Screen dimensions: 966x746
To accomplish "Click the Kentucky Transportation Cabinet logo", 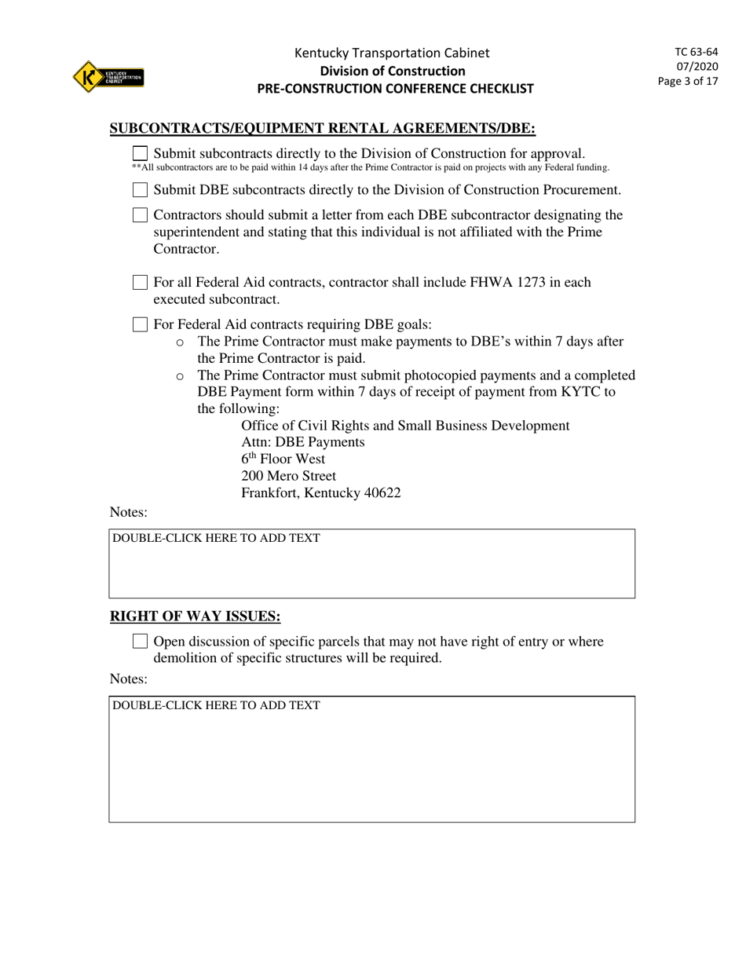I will (108, 77).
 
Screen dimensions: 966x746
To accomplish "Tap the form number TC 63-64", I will (696, 52).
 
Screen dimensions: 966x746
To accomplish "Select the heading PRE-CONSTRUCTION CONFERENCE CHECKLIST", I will (395, 89).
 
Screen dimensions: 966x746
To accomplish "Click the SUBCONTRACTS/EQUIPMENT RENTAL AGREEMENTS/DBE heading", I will (322, 128).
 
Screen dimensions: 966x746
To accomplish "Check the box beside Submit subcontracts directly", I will (140, 153).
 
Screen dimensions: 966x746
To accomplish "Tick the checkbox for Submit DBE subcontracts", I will (140, 189).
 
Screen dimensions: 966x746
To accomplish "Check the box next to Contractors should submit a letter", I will (140, 214).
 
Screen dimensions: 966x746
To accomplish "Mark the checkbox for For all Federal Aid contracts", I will (140, 282).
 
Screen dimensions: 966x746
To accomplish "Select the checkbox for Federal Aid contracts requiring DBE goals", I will (140, 324).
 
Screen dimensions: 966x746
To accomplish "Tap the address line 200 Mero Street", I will (288, 476).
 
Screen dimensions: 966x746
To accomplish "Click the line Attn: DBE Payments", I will (302, 442).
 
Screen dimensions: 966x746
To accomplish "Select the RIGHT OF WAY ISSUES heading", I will (195, 617).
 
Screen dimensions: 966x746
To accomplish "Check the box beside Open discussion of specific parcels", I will (140, 641).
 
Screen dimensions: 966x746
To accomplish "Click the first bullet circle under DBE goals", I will (180, 342).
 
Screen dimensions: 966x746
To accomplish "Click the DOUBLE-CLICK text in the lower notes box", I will (216, 705).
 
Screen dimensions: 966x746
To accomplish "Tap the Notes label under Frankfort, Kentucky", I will (128, 512).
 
